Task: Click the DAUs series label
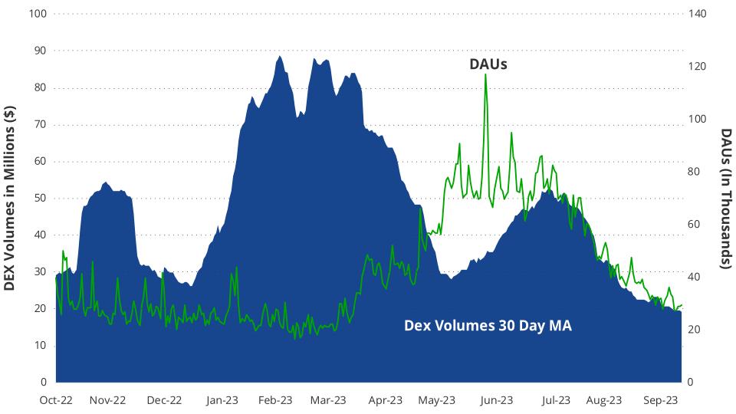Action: coord(488,64)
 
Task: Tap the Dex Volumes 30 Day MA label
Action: coord(488,326)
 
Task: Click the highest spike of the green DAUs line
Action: coord(485,75)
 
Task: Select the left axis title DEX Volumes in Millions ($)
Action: coord(10,198)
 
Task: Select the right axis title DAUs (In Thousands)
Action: coord(726,198)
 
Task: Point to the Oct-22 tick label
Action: coord(55,400)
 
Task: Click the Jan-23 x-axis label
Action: coord(222,400)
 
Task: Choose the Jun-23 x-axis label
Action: coord(497,400)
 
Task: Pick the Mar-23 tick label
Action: coord(329,400)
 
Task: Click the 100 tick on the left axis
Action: coord(37,14)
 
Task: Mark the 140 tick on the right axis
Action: coord(697,14)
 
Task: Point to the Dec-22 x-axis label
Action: coord(164,400)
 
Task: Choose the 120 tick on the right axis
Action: coord(697,67)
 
